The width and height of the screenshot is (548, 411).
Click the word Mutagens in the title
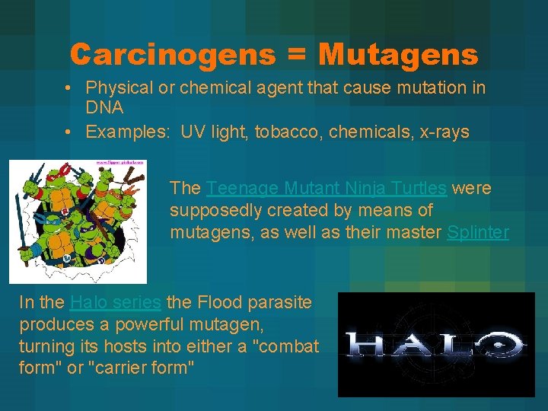[399, 54]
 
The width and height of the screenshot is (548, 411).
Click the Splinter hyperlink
[477, 232]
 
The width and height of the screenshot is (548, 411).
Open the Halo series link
[115, 302]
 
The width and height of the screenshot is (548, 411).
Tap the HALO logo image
[436, 344]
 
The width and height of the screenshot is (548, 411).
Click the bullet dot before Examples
[69, 132]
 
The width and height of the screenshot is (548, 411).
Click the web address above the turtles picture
[120, 162]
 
